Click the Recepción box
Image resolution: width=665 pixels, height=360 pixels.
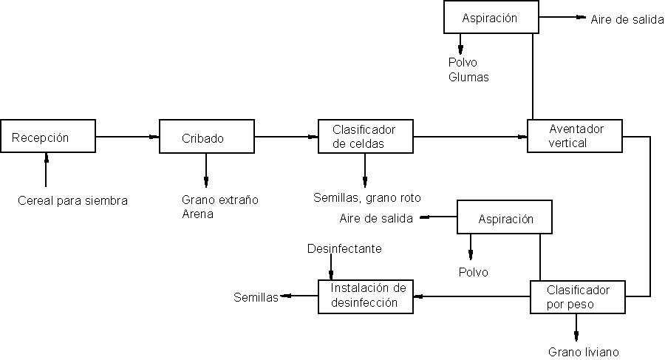pyautogui.click(x=48, y=137)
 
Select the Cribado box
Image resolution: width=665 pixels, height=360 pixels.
pyautogui.click(x=206, y=137)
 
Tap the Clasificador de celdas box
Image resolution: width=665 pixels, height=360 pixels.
pyautogui.click(x=365, y=137)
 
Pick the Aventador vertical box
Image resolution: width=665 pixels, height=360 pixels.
pyautogui.click(x=576, y=136)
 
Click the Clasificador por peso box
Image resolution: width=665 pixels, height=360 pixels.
pyautogui.click(x=578, y=297)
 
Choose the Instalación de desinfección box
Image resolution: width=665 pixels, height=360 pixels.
pyautogui.click(x=365, y=296)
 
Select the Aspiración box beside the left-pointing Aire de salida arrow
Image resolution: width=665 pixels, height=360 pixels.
pyautogui.click(x=505, y=219)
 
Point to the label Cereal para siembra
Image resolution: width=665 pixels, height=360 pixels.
pyautogui.click(x=73, y=200)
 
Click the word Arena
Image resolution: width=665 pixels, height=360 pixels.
pyautogui.click(x=197, y=214)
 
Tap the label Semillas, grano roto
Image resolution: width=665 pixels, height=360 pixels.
pyautogui.click(x=367, y=198)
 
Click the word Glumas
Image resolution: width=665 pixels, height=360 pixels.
pyautogui.click(x=468, y=77)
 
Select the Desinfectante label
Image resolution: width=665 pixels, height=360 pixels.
pyautogui.click(x=344, y=248)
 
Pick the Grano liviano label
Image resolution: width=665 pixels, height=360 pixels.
pyautogui.click(x=583, y=352)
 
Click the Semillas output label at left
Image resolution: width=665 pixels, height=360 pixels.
pyautogui.click(x=256, y=298)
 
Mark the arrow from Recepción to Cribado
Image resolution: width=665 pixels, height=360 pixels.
pyautogui.click(x=128, y=137)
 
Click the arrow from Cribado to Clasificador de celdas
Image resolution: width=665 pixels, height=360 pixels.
pyautogui.click(x=285, y=137)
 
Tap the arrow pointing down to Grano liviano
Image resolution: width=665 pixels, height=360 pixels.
pyautogui.click(x=577, y=329)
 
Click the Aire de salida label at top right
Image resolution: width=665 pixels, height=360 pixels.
pyautogui.click(x=627, y=19)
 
